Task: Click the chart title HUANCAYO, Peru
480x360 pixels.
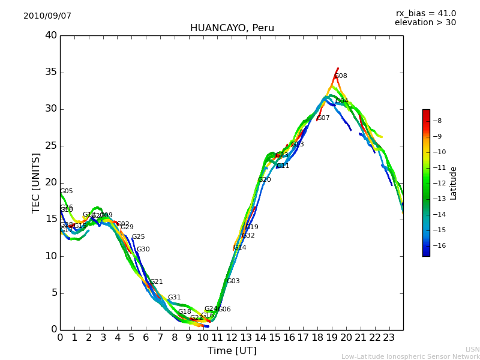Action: pyautogui.click(x=232, y=28)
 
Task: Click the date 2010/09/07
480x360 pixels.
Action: pyautogui.click(x=47, y=16)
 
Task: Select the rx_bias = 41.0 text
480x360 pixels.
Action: pyautogui.click(x=425, y=14)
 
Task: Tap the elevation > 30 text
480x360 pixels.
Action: pyautogui.click(x=425, y=23)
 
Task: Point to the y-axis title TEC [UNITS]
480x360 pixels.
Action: pyautogui.click(x=36, y=182)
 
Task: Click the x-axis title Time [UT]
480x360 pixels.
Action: pyautogui.click(x=232, y=351)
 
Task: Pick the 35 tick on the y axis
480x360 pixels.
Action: pyautogui.click(x=51, y=73)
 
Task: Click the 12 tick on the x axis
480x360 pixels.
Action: pyautogui.click(x=232, y=338)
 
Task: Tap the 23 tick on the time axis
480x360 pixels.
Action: pyautogui.click(x=389, y=338)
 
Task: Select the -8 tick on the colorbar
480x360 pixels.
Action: pyautogui.click(x=438, y=121)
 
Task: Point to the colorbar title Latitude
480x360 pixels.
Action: pyautogui.click(x=454, y=183)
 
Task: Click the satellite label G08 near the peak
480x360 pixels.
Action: pyautogui.click(x=341, y=76)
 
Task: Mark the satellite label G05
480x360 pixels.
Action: pyautogui.click(x=66, y=191)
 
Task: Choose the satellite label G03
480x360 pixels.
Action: pyautogui.click(x=233, y=281)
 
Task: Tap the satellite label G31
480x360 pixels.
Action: pyautogui.click(x=174, y=298)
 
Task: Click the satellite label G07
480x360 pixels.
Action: pyautogui.click(x=323, y=118)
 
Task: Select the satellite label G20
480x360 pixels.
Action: pyautogui.click(x=264, y=180)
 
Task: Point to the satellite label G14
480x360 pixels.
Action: pyautogui.click(x=239, y=248)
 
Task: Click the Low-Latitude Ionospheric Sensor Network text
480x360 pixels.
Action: pyautogui.click(x=410, y=356)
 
